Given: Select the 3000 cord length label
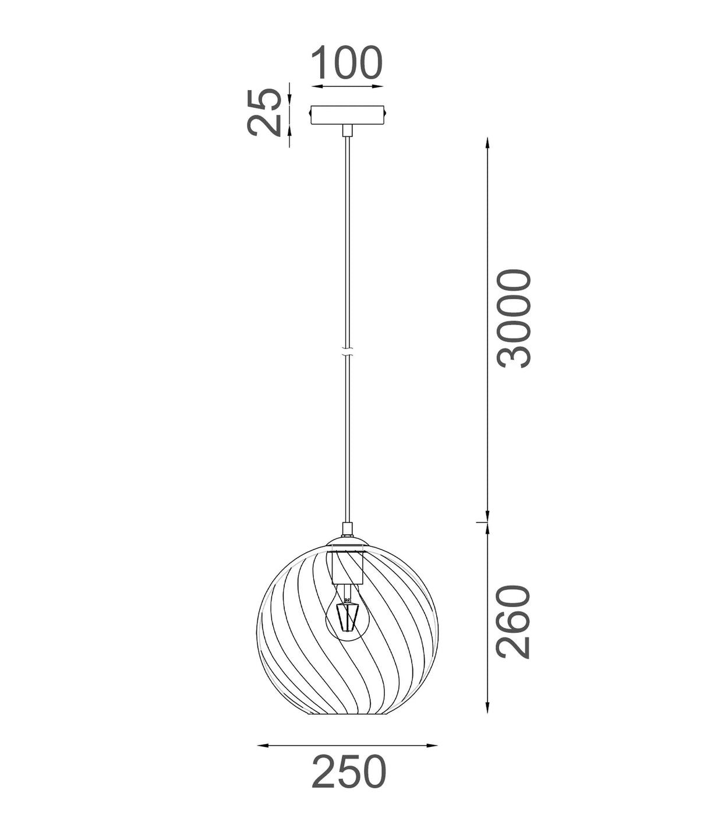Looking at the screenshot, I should point(514,318).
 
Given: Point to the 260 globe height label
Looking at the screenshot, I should point(514,622).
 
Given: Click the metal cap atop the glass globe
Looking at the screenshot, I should point(348,542).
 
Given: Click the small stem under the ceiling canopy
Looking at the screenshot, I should point(348,130).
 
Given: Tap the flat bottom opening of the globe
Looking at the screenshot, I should point(348,714).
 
